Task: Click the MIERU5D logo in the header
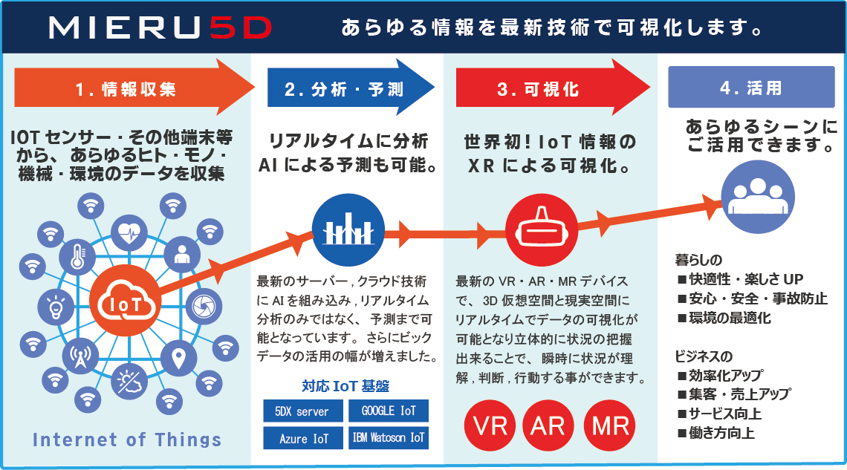(x=160, y=27)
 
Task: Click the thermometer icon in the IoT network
(x=77, y=256)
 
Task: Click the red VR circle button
(x=490, y=426)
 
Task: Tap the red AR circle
(x=550, y=426)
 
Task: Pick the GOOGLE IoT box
(x=389, y=411)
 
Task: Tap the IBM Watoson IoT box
(x=389, y=438)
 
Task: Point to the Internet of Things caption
(x=127, y=440)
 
